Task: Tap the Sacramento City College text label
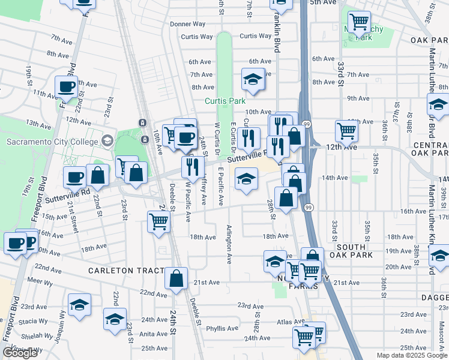(x=52, y=142)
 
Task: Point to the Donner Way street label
(x=187, y=24)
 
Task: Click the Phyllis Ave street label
(x=222, y=328)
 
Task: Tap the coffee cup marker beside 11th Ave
(x=67, y=87)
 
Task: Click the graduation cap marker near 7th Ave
(x=253, y=79)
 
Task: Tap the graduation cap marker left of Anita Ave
(x=115, y=319)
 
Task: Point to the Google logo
(x=20, y=353)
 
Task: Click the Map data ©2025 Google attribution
(x=411, y=355)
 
